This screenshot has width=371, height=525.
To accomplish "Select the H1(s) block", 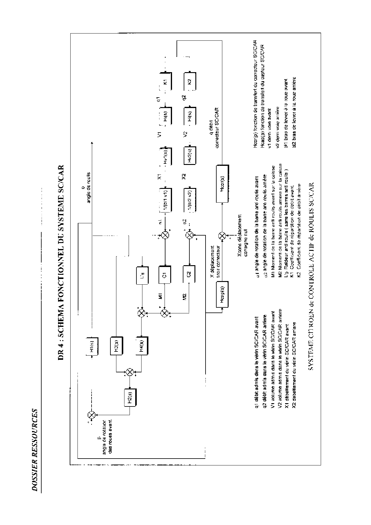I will pyautogui.click(x=92, y=346).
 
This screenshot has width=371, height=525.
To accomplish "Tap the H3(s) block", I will pyautogui.click(x=117, y=346).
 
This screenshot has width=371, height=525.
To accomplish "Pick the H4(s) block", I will pyautogui.click(x=142, y=346).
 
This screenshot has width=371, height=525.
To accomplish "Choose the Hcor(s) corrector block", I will pyautogui.click(x=222, y=183).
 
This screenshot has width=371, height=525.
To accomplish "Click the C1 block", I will pyautogui.click(x=165, y=274).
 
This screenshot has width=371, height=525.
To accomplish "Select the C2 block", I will pyautogui.click(x=189, y=274).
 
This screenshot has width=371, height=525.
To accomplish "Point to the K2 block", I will pyautogui.click(x=189, y=81).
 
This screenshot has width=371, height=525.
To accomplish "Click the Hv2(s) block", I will pyautogui.click(x=189, y=156).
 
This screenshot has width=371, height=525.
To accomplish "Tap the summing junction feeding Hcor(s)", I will pyautogui.click(x=222, y=235).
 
